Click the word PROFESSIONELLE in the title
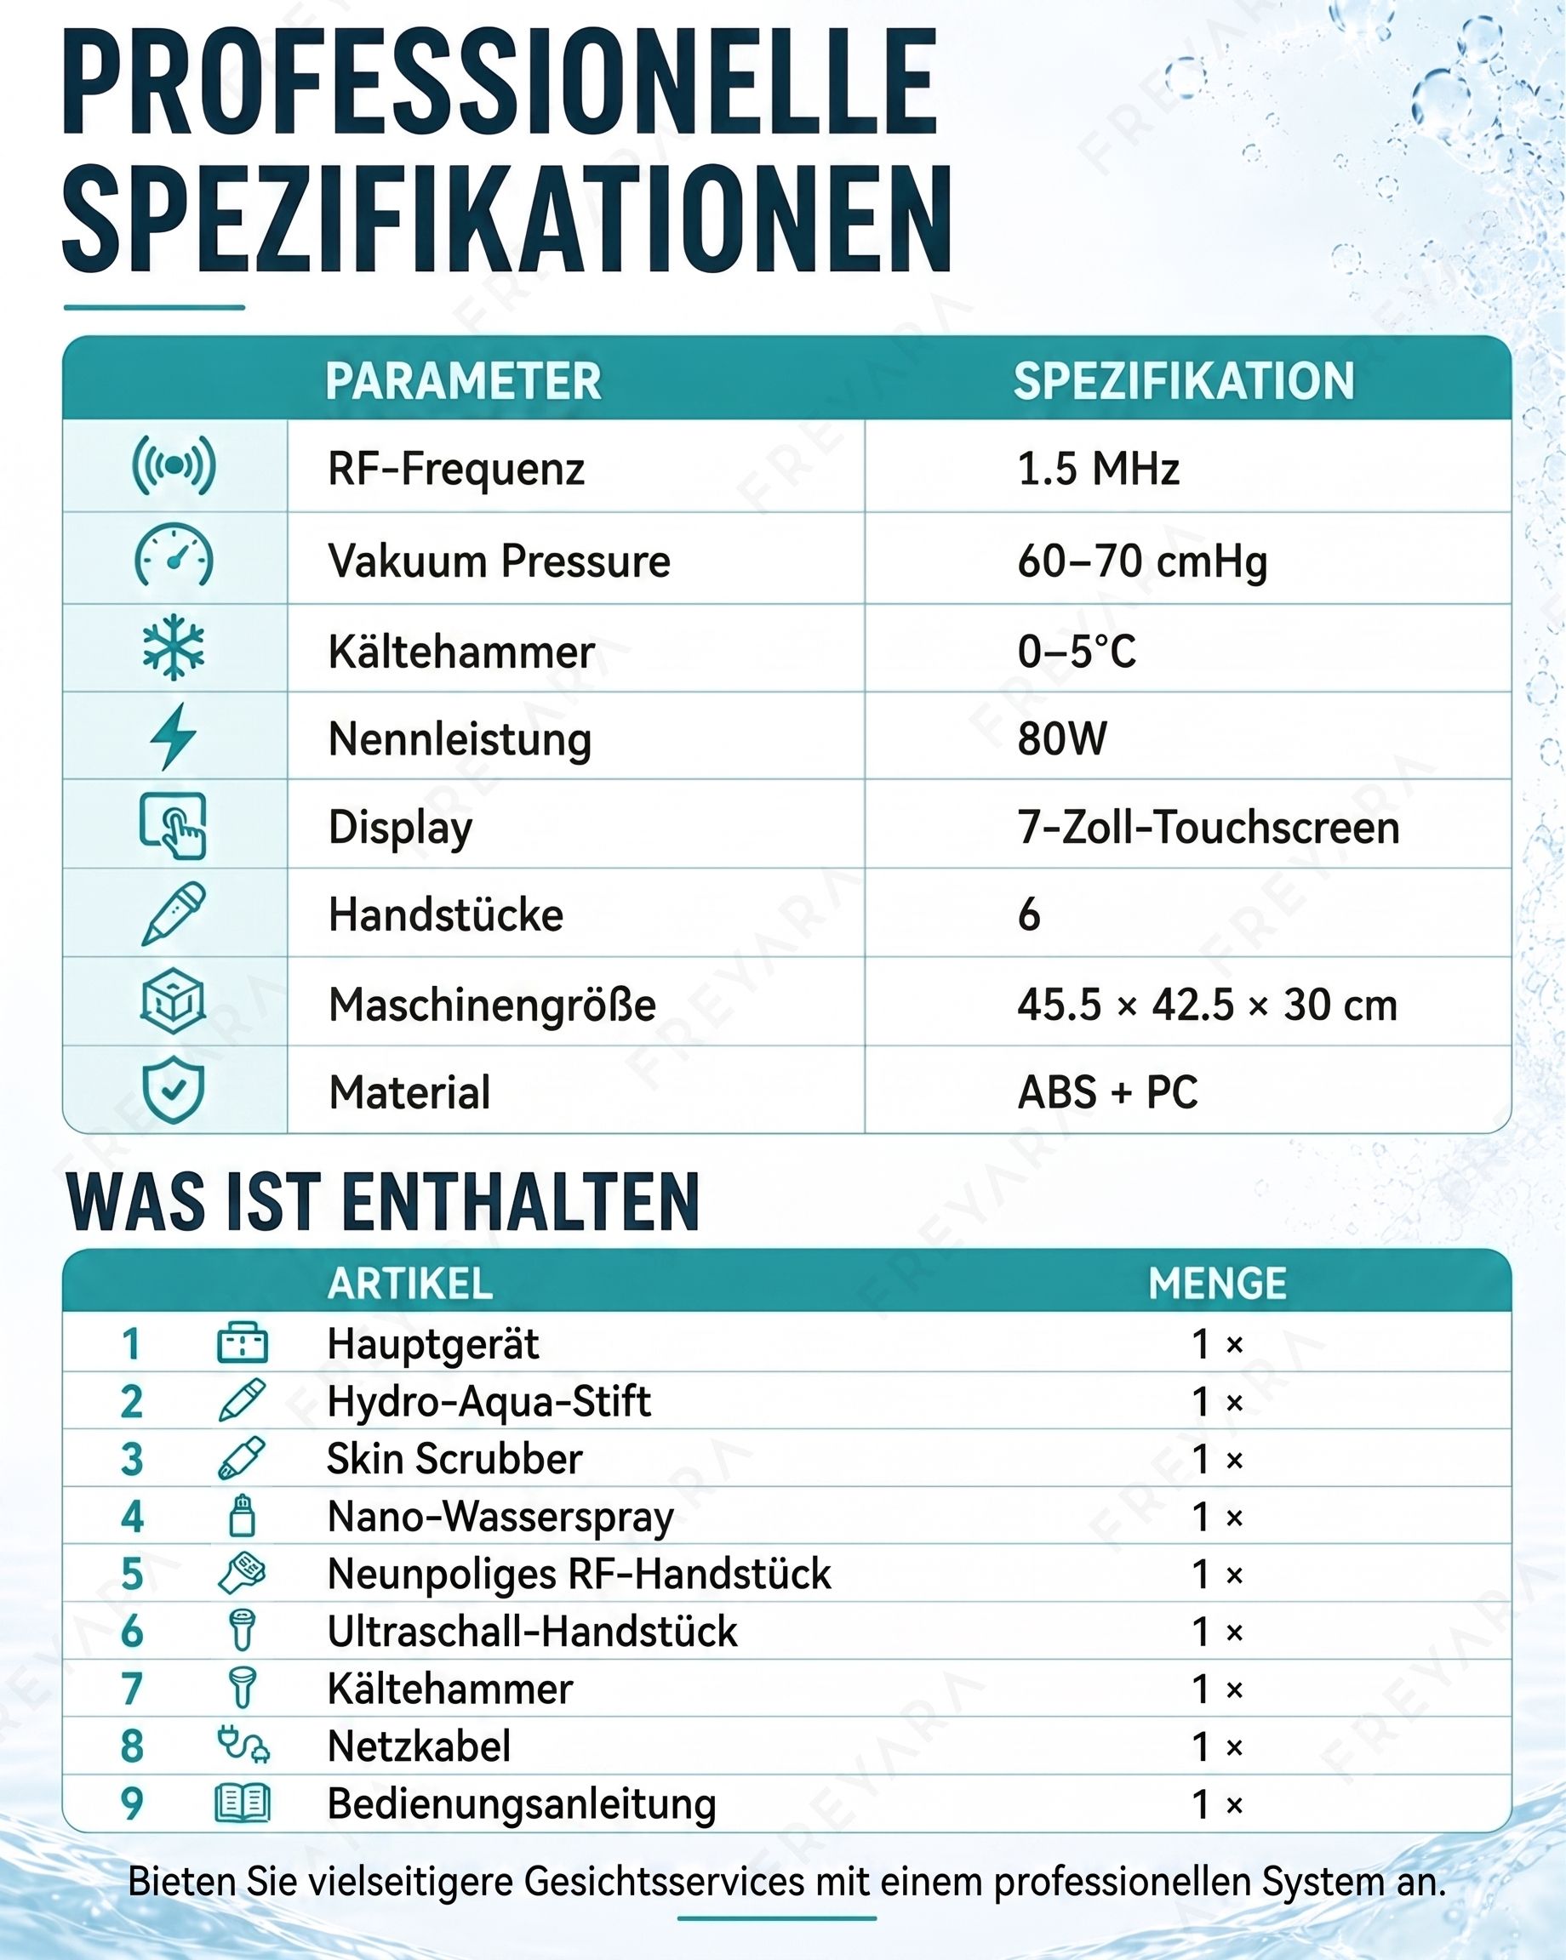tap(500, 83)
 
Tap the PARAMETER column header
tap(464, 381)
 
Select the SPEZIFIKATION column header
tap(1184, 381)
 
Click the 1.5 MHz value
tap(1099, 469)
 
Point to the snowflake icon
tap(174, 648)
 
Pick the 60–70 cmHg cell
tap(1142, 561)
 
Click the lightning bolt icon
tap(173, 737)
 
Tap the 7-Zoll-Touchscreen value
tap(1209, 827)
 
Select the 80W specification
tap(1062, 738)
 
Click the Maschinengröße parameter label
tap(492, 1005)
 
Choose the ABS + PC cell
tap(1107, 1091)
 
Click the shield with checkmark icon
tap(173, 1090)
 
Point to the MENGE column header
tap(1218, 1284)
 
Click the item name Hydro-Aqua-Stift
tap(489, 1402)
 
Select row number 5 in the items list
tap(133, 1575)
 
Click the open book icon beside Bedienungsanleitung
tap(242, 1803)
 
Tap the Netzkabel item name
tap(420, 1746)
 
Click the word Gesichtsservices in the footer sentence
tap(665, 1882)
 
